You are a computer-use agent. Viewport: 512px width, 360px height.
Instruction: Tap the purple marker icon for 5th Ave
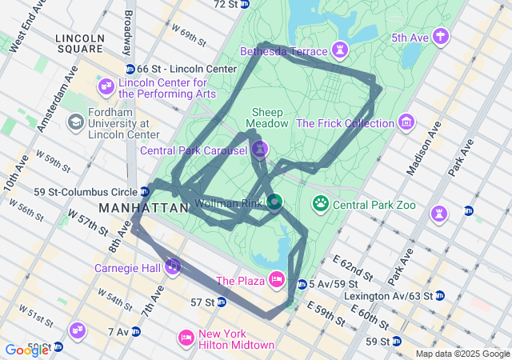440,37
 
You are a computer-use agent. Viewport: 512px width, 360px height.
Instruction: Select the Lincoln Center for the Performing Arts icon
106,86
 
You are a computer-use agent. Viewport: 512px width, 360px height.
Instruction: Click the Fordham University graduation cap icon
76,122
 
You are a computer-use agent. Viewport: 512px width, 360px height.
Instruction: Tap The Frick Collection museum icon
407,123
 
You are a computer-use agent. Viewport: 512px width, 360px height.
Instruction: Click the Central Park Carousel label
194,150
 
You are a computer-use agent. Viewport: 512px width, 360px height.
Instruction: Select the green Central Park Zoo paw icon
321,204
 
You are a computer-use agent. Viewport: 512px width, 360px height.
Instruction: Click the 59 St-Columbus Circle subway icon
145,191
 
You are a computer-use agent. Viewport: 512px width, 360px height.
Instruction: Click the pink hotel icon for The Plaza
276,279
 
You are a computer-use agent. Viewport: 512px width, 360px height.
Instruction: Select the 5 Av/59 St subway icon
302,284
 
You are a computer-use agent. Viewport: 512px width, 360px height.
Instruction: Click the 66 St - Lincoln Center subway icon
130,69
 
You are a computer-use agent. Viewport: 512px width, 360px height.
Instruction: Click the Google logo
26,350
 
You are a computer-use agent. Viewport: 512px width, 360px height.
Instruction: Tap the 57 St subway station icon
221,302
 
